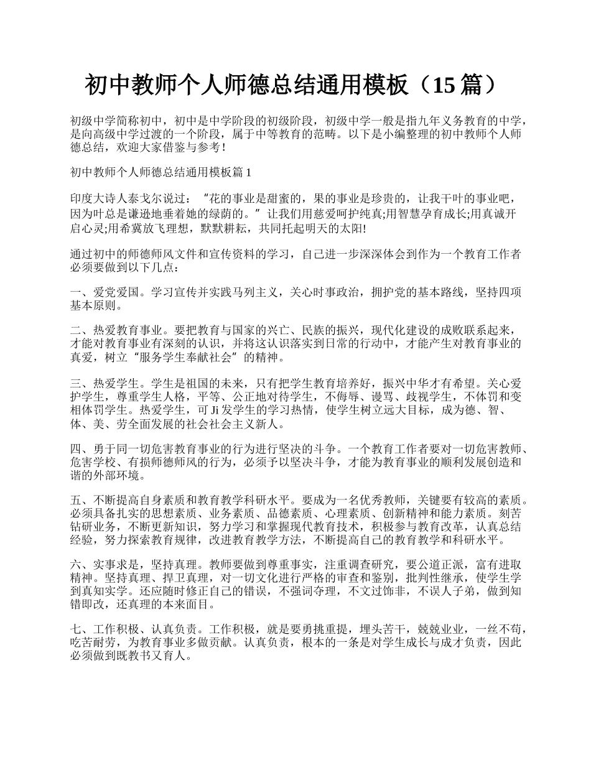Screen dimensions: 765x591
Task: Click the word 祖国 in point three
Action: coord(206,384)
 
